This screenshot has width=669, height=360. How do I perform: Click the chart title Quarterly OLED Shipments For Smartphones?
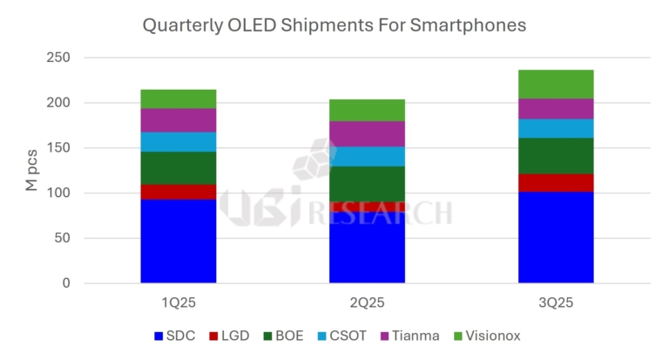click(334, 25)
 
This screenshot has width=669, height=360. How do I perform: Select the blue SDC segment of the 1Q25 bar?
click(179, 241)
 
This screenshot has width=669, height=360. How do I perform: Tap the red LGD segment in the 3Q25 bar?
click(556, 182)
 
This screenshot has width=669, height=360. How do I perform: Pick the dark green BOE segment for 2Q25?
click(367, 184)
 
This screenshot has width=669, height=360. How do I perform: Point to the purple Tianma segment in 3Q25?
click(556, 109)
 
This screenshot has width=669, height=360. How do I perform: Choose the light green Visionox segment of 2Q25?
click(367, 110)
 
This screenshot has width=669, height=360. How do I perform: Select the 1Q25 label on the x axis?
click(179, 303)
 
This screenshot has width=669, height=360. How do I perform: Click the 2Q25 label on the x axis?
click(367, 303)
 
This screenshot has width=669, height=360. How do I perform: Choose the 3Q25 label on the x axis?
click(556, 303)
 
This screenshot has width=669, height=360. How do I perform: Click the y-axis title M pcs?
click(31, 170)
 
